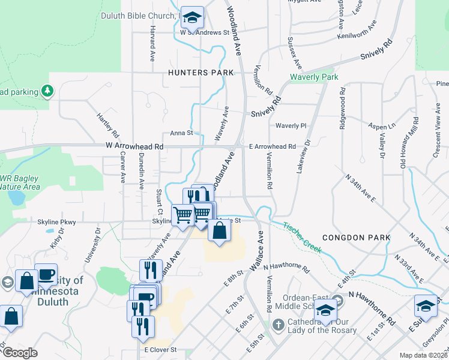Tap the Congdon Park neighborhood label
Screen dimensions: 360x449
pyautogui.click(x=357, y=238)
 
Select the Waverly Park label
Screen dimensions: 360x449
pyautogui.click(x=314, y=77)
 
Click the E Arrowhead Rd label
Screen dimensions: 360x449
pyautogui.click(x=272, y=146)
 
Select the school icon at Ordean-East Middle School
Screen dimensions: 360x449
pyautogui.click(x=326, y=309)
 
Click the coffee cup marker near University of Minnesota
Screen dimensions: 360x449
pyautogui.click(x=46, y=275)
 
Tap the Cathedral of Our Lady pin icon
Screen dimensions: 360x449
pyautogui.click(x=277, y=325)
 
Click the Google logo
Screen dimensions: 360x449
pyautogui.click(x=20, y=353)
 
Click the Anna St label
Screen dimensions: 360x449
pyautogui.click(x=181, y=133)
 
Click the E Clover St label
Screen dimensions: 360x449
pyautogui.click(x=160, y=349)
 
